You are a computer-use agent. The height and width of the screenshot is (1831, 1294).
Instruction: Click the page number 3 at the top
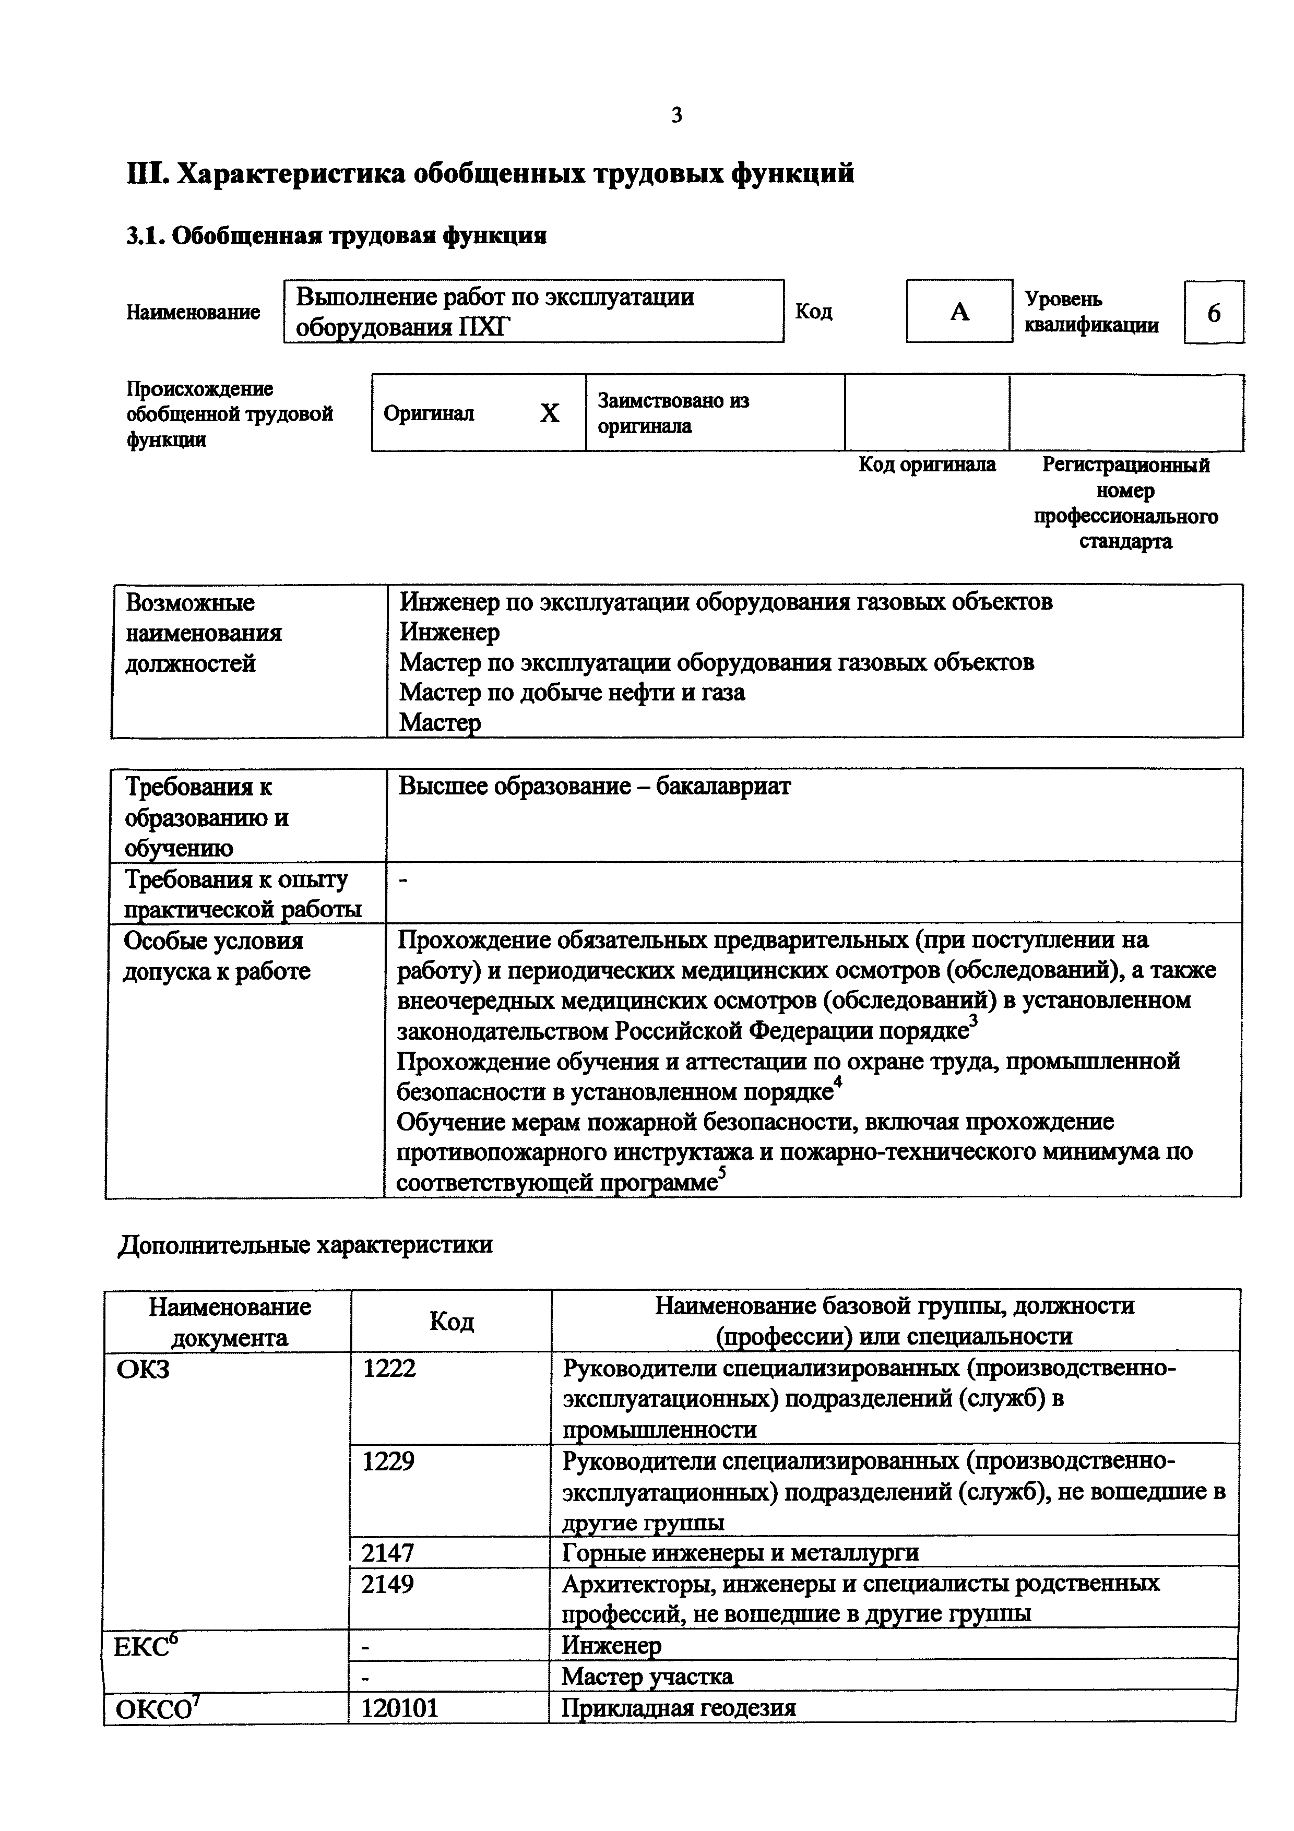676,116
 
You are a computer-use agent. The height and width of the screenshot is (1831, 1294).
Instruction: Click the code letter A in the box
959,312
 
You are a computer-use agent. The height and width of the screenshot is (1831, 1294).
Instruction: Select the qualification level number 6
1214,313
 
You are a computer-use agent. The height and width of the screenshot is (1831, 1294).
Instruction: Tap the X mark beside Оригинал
549,413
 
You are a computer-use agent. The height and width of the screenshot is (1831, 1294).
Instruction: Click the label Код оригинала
927,465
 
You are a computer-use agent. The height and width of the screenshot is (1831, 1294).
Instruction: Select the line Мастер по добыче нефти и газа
572,692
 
